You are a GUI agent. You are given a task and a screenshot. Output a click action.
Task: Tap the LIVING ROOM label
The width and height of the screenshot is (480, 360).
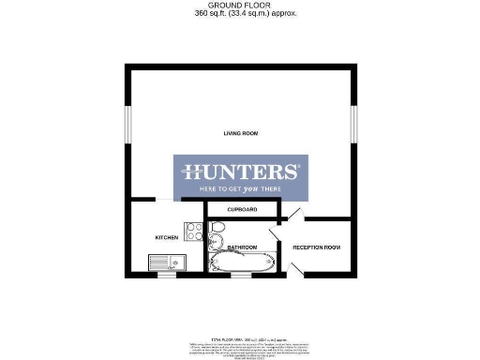[240, 134]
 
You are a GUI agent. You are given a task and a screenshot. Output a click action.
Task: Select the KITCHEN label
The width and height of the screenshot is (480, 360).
[166, 238]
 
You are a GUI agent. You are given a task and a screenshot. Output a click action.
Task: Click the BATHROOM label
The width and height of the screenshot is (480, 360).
[241, 246]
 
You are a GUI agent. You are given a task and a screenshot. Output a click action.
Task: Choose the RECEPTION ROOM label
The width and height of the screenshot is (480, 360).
[316, 247]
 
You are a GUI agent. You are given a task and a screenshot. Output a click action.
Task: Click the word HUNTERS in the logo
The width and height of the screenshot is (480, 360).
[240, 172]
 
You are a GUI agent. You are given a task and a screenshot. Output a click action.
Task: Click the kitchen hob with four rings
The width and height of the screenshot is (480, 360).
[195, 232]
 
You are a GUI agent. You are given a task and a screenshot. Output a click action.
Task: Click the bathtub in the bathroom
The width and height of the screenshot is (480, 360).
[243, 262]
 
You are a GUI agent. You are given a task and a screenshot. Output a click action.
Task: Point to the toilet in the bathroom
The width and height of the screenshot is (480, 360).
[217, 230]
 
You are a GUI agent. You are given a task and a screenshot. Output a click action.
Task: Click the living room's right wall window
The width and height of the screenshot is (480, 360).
[354, 125]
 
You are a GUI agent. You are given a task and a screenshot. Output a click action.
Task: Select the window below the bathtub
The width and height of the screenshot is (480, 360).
[241, 277]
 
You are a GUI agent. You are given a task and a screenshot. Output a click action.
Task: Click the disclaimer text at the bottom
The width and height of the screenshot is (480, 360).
[240, 346]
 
